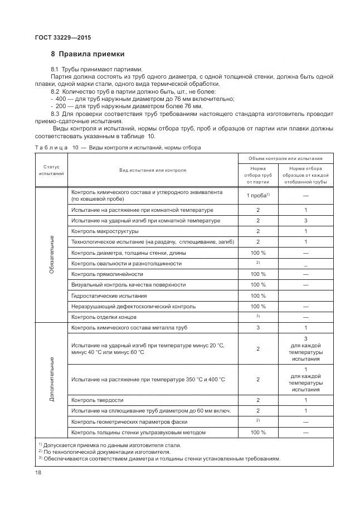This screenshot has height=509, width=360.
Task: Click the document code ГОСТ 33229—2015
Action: click(x=62, y=37)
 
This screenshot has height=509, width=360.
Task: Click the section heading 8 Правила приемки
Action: click(x=87, y=55)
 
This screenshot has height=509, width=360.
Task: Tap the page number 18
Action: click(x=38, y=473)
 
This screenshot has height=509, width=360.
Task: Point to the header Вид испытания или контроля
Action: click(x=152, y=170)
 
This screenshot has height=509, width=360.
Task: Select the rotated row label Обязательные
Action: click(x=52, y=254)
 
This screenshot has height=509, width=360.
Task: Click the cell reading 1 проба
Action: click(x=257, y=196)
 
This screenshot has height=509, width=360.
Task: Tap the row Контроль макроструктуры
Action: click(x=105, y=231)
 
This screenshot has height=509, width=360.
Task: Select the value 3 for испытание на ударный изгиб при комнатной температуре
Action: click(x=305, y=221)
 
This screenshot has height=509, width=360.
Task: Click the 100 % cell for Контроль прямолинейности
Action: click(x=257, y=274)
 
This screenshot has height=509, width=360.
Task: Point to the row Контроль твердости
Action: click(x=98, y=400)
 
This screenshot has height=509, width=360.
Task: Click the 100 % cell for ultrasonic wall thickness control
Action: click(x=257, y=432)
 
